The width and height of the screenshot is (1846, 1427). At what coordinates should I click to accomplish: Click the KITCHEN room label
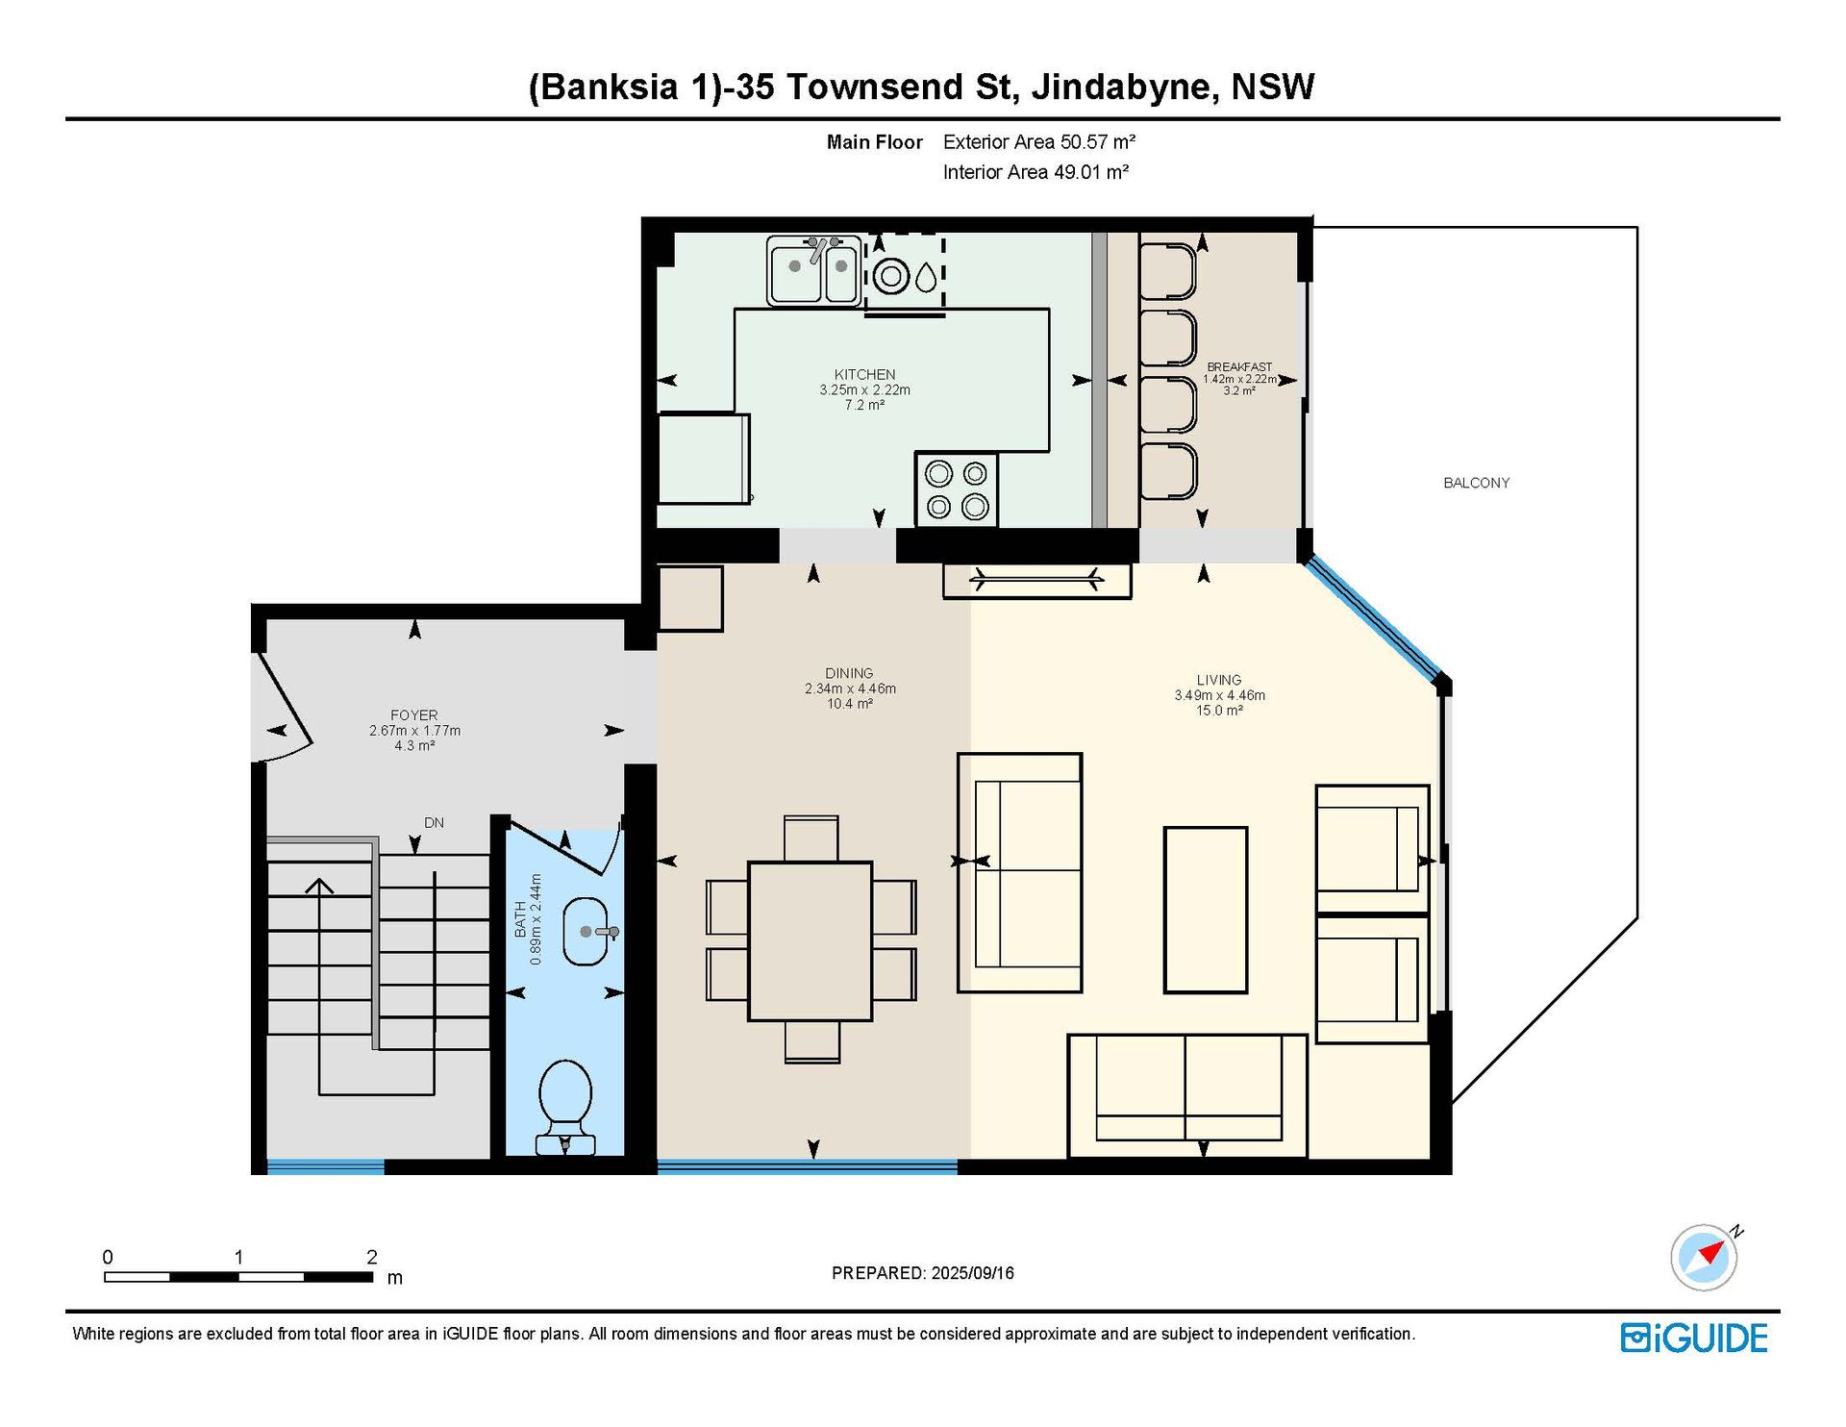[x=864, y=374]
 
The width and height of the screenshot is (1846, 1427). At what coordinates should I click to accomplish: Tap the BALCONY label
[x=1476, y=483]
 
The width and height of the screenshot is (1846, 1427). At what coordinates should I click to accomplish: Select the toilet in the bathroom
[x=565, y=1107]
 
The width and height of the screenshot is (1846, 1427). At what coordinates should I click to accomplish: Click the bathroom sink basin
[x=586, y=931]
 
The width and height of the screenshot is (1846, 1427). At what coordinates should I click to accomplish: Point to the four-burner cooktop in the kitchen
[x=957, y=489]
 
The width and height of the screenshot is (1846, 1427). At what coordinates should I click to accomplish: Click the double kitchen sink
[x=813, y=270]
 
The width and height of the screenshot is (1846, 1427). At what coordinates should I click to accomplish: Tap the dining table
[x=810, y=940]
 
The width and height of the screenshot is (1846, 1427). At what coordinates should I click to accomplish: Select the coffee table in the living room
[x=1206, y=910]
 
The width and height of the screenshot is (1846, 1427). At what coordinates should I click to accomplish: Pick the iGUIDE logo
[x=1694, y=1338]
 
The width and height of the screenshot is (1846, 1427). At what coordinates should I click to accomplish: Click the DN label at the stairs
[x=434, y=823]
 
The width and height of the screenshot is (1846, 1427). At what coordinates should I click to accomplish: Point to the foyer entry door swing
[x=283, y=707]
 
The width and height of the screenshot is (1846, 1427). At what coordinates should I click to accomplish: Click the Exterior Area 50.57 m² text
[x=1039, y=142]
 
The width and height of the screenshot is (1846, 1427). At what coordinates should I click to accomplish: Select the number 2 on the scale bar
[x=372, y=1257]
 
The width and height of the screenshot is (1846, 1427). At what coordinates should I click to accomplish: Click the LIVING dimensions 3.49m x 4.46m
[x=1219, y=695]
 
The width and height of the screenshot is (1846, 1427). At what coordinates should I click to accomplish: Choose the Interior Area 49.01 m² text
[x=1035, y=172]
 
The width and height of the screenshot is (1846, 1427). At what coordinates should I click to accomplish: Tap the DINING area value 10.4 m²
[x=850, y=704]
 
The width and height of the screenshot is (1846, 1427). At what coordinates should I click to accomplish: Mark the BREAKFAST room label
[x=1239, y=367]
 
